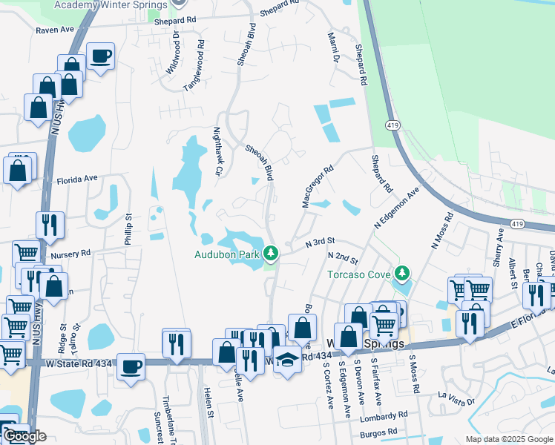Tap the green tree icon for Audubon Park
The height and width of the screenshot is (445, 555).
272,254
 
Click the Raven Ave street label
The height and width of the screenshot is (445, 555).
55,30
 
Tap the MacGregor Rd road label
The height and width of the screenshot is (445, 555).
314,186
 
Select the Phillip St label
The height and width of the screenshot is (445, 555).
128,230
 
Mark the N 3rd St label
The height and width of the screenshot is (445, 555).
321,242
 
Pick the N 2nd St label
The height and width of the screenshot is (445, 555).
343,258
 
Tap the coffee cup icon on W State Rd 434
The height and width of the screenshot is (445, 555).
132,366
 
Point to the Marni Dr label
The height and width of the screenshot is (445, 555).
333,47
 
